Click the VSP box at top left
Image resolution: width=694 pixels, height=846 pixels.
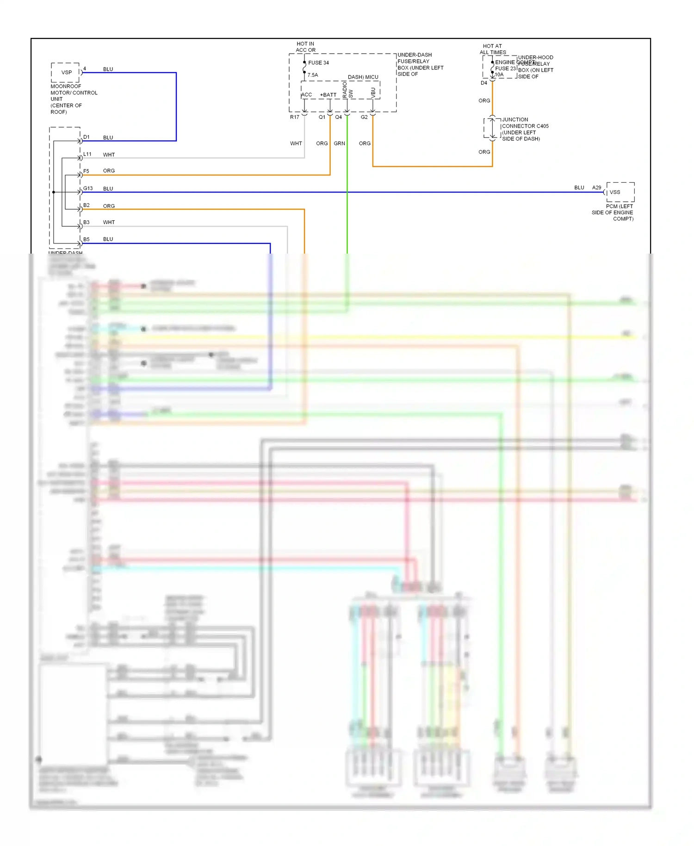pos(66,73)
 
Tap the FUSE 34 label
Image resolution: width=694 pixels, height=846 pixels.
pos(318,63)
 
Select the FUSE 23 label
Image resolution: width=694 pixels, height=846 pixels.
pos(505,68)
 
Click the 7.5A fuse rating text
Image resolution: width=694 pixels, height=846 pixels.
pos(313,75)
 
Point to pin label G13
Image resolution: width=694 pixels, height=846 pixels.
pos(88,188)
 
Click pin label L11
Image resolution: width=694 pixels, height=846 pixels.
pos(87,154)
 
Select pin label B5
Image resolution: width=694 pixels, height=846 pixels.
pos(87,239)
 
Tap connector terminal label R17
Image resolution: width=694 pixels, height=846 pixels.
pos(295,117)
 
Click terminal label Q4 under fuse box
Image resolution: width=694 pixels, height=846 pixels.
pos(339,117)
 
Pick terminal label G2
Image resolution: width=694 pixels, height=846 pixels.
pos(364,117)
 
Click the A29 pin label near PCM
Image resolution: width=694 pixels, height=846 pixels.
pos(596,187)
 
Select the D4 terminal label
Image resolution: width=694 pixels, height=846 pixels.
pos(484,83)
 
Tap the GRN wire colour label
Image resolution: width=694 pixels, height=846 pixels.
pos(339,143)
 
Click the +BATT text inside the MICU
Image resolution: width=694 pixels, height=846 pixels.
pos(328,95)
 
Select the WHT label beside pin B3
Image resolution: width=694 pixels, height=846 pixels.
pos(109,222)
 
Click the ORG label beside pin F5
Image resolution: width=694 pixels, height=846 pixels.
pos(109,171)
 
